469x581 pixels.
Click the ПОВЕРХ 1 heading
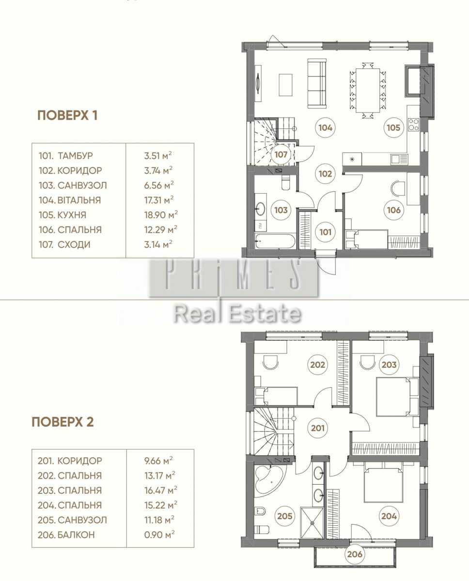click(67, 115)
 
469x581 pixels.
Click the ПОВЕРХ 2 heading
click(63, 422)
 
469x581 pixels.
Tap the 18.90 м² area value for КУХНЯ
click(161, 215)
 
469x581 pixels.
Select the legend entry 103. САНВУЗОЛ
click(73, 185)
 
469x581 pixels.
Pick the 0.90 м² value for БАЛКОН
click(159, 535)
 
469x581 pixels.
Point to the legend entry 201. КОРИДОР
click(70, 460)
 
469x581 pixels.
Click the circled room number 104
click(325, 127)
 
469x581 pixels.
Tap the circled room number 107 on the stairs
click(281, 154)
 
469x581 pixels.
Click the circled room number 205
click(285, 516)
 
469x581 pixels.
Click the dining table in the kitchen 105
click(368, 91)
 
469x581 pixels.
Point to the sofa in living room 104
click(317, 84)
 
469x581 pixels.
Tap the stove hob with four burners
click(413, 125)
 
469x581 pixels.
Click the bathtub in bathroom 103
click(275, 241)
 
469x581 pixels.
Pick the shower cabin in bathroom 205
click(312, 523)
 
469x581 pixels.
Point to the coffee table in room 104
click(285, 85)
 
